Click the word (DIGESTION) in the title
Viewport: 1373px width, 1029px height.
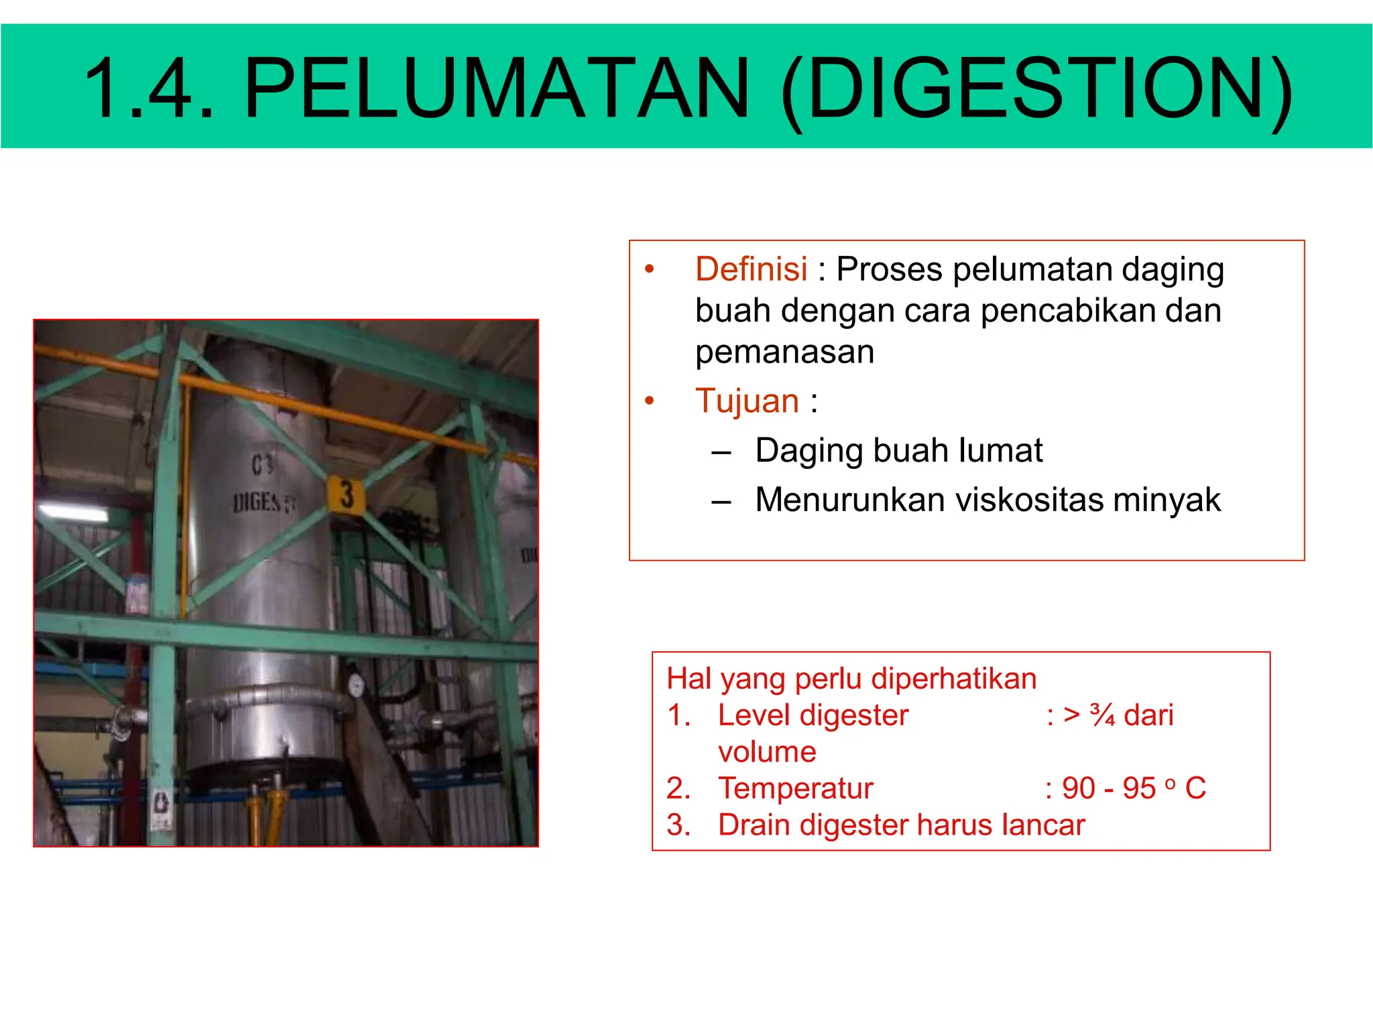(1036, 89)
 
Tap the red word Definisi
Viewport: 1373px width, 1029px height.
(751, 269)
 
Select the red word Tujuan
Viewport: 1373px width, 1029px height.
(747, 401)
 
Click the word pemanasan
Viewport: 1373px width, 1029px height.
(784, 352)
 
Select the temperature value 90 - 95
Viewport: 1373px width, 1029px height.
(1109, 788)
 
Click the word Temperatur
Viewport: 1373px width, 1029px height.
(796, 788)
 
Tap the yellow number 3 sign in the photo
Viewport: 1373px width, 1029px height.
(346, 496)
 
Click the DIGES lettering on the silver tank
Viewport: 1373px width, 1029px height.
(259, 502)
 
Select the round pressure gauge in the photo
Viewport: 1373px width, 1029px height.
(356, 685)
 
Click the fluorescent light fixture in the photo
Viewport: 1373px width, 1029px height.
(74, 513)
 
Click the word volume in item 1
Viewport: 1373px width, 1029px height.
(767, 752)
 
